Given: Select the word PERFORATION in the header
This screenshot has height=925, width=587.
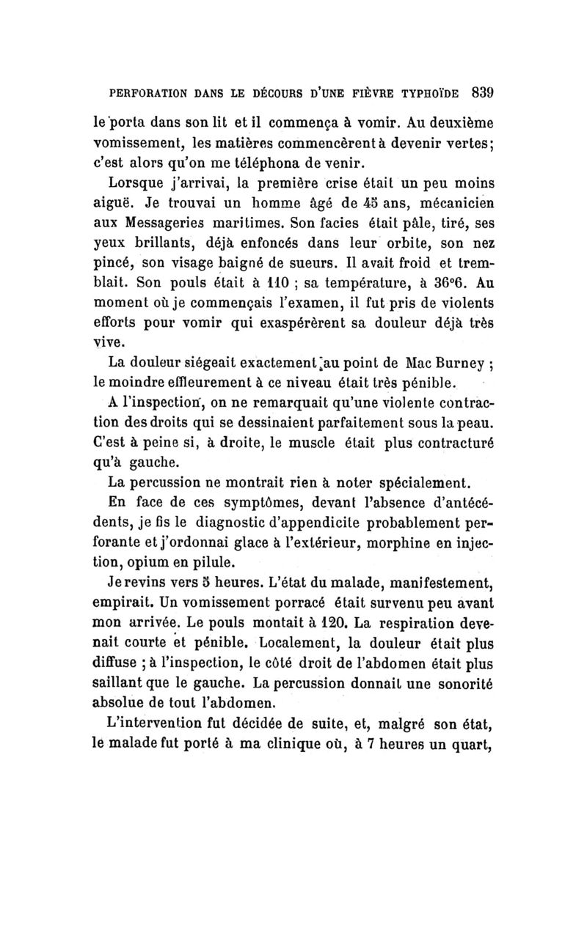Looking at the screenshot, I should [143, 95].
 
